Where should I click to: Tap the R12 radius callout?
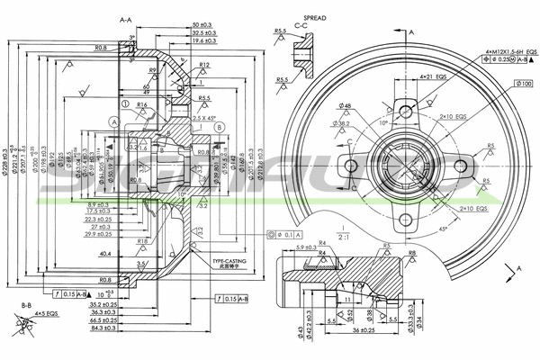tap(204, 66)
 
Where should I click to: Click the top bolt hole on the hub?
tap(409, 112)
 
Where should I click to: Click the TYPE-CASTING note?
tap(229, 262)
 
